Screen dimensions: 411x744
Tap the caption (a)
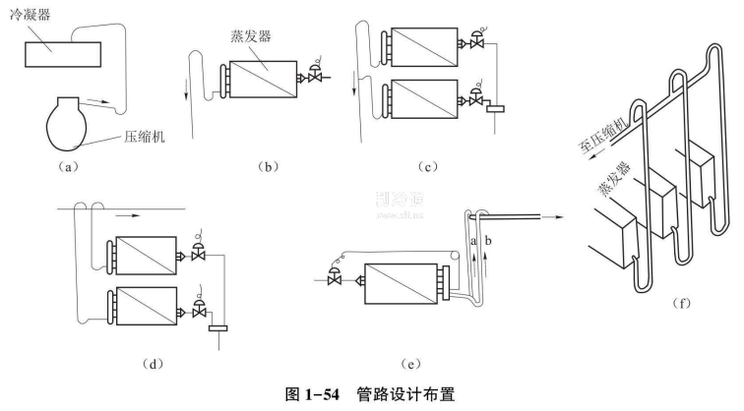(67, 167)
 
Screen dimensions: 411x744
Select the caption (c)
(428, 167)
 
